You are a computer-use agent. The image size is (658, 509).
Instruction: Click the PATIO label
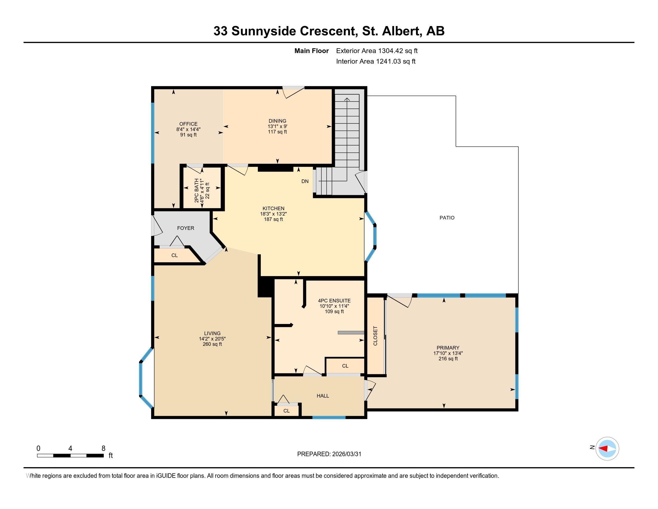(x=447, y=218)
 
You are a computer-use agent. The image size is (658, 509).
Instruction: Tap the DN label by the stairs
(x=305, y=181)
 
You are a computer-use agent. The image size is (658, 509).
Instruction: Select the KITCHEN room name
(x=273, y=208)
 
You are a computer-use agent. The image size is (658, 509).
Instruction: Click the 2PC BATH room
(x=202, y=188)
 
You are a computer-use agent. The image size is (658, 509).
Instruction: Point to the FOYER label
(x=186, y=228)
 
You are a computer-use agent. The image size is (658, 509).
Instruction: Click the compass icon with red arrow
(x=607, y=449)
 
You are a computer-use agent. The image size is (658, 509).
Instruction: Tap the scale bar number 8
(x=103, y=448)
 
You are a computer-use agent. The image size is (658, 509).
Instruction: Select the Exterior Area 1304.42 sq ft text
(x=377, y=51)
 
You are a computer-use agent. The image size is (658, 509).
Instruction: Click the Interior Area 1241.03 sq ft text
(x=376, y=61)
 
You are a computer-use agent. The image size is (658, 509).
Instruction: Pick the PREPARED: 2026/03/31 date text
(x=329, y=454)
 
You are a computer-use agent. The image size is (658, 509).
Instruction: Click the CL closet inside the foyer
(x=174, y=255)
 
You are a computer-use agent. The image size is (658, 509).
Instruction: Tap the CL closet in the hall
(x=286, y=411)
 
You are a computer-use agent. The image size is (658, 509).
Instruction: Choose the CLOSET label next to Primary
(x=375, y=336)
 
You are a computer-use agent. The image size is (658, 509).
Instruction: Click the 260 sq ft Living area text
(x=212, y=344)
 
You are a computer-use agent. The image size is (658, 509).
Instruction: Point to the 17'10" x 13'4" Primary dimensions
(x=448, y=353)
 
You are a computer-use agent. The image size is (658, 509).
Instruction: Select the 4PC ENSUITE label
(x=334, y=301)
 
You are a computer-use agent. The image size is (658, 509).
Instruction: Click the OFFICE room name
(x=188, y=124)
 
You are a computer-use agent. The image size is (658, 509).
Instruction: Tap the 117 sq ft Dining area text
(x=277, y=132)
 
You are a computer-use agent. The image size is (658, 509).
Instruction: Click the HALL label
(x=323, y=396)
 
